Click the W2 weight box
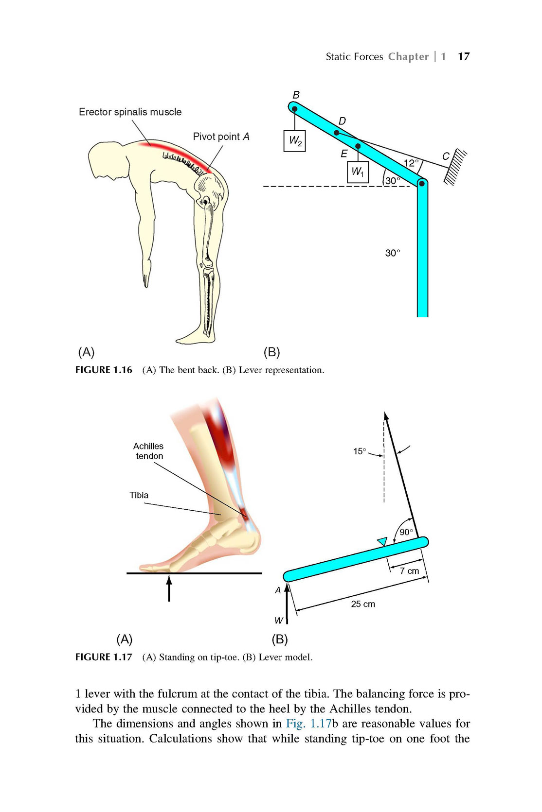point(294,140)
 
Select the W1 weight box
point(358,172)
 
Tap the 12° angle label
point(411,163)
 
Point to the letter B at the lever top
point(296,95)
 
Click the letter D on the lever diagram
point(342,121)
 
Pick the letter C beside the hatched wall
point(446,156)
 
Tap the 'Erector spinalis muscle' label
point(130,112)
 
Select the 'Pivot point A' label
point(221,137)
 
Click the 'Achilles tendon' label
point(148,451)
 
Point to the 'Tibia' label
point(139,495)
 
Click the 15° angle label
point(360,451)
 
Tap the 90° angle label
point(406,532)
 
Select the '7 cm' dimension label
point(410,571)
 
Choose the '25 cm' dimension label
point(363,604)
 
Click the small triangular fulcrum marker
point(382,541)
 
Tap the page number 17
point(464,56)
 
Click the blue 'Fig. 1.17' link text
point(308,724)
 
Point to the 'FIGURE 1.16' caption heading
point(104,370)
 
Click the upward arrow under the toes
point(169,588)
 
